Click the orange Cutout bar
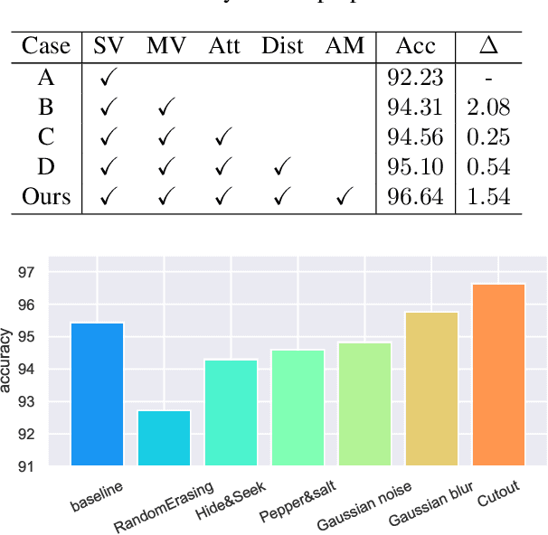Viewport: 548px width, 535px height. (499, 375)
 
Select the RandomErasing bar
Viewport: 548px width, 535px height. (164, 438)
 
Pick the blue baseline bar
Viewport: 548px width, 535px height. (97, 394)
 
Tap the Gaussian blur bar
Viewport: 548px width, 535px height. (431, 389)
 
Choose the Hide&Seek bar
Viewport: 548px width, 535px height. (231, 413)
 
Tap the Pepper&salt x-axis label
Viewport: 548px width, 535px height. (298, 501)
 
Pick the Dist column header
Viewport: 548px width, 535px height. (282, 46)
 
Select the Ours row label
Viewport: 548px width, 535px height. (46, 196)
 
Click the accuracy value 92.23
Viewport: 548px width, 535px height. (414, 78)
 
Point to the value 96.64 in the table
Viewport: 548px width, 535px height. (414, 196)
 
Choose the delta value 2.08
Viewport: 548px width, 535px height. (488, 108)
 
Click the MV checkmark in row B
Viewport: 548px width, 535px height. (165, 108)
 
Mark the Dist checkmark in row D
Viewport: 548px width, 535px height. (281, 167)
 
